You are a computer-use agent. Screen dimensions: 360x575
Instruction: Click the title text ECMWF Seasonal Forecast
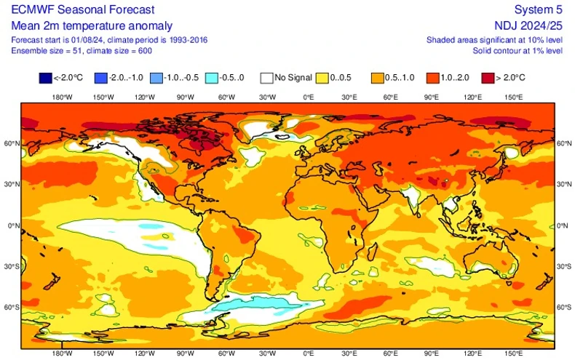[82, 9]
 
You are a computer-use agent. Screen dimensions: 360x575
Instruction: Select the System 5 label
[538, 9]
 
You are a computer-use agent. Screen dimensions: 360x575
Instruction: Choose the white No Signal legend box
[269, 77]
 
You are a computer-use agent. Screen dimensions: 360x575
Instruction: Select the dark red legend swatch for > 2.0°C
[488, 77]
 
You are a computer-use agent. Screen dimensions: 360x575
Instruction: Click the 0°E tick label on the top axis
[308, 97]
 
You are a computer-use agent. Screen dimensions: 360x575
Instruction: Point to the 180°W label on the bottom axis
[61, 353]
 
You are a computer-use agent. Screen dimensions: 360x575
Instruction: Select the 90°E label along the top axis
[432, 97]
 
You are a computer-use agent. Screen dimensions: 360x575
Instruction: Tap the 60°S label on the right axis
[563, 308]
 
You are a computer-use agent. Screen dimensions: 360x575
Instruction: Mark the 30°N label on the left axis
[10, 185]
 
